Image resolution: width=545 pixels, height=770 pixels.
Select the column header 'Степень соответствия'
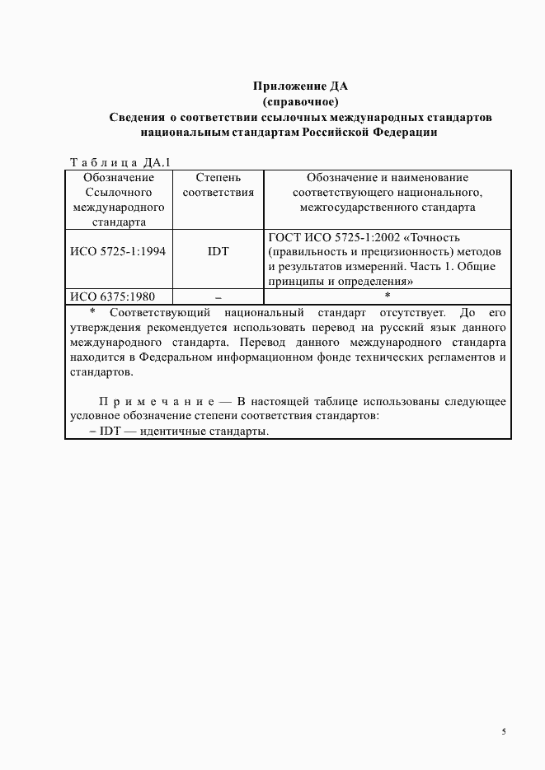pos(218,185)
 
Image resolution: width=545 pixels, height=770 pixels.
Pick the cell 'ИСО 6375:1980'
pos(113,296)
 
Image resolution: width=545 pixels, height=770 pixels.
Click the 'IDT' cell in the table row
pos(218,251)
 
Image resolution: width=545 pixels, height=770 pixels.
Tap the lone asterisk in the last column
pos(388,296)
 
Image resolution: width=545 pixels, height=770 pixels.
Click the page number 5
pos(504,731)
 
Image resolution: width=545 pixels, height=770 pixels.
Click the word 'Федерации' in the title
pos(404,132)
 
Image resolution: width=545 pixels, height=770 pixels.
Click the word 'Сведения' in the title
pos(137,117)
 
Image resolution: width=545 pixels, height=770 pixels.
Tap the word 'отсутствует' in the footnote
pos(412,313)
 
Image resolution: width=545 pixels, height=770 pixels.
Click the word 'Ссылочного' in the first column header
pos(119,192)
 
